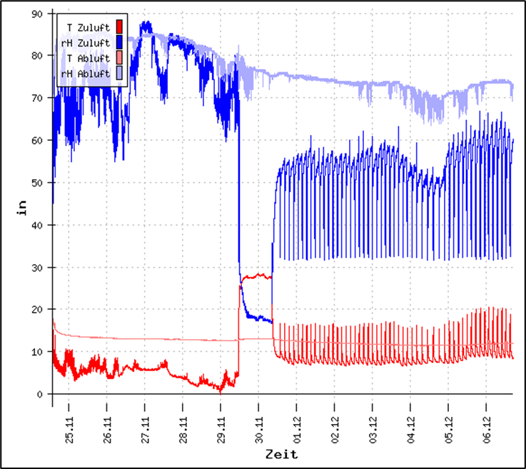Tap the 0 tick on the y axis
[42, 394]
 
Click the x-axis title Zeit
[281, 454]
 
